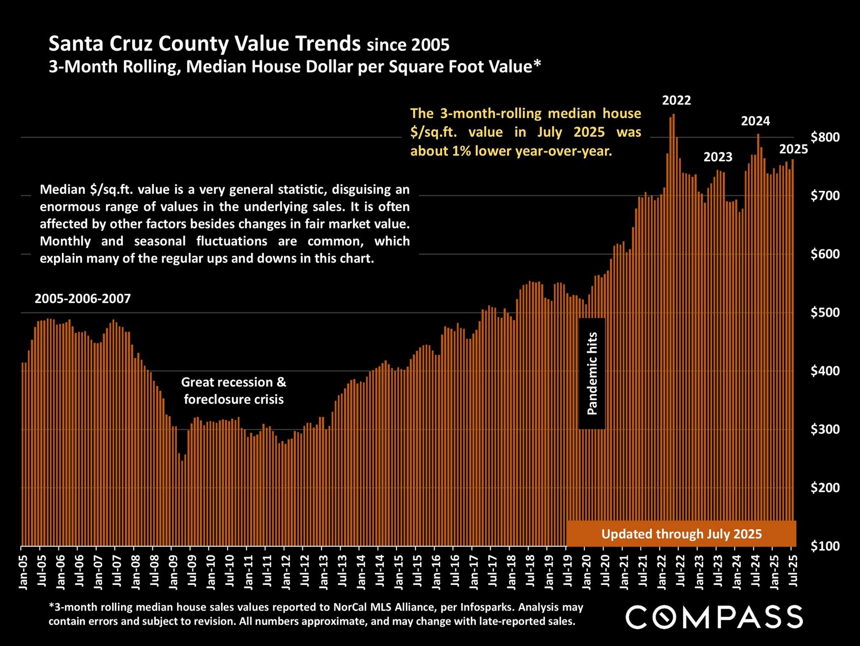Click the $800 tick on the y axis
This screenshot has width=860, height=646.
click(x=824, y=137)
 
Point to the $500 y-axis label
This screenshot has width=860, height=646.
click(x=824, y=313)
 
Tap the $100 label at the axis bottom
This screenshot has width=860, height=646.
click(x=824, y=546)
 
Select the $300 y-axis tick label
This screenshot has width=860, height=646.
click(x=824, y=430)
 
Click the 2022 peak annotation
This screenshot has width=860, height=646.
click(x=676, y=101)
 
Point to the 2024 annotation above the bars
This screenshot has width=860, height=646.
click(x=755, y=121)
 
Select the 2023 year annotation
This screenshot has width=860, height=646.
click(x=718, y=157)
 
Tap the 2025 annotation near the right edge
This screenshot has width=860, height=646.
click(x=794, y=149)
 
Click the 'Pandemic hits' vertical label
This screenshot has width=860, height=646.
click(x=592, y=373)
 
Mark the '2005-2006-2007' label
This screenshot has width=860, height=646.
click(x=83, y=299)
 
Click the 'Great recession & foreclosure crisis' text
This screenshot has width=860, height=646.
click(x=233, y=390)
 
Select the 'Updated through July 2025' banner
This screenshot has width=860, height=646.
click(x=681, y=534)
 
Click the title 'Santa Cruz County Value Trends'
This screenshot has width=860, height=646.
click(x=204, y=44)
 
